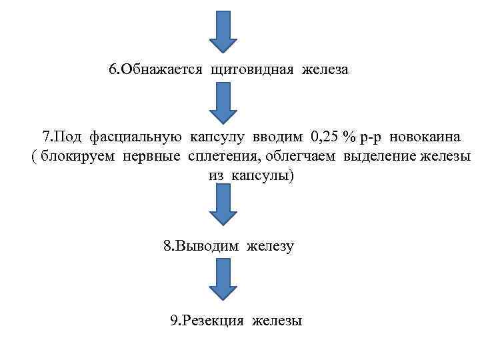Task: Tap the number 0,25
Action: pos(325,137)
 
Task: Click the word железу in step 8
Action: pos(271,246)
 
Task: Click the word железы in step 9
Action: pos(277,321)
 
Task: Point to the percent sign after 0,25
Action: pos(349,137)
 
